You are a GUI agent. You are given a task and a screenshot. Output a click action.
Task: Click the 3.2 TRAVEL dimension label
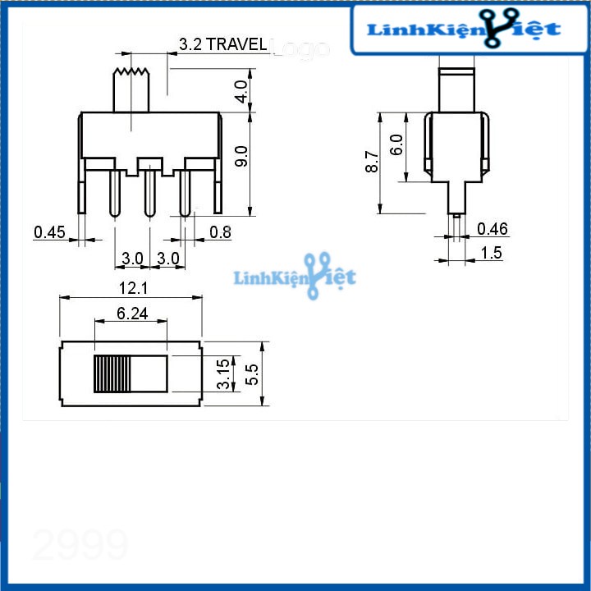coord(222,44)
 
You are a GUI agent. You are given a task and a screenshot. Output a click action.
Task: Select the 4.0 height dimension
coord(241,90)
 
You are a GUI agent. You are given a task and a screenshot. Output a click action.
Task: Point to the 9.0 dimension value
coord(241,156)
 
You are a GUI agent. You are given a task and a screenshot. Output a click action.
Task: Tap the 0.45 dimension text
coord(49,232)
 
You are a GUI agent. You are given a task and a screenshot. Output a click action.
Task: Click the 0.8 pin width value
coord(220,232)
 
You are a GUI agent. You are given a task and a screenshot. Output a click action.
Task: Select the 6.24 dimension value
coord(132,313)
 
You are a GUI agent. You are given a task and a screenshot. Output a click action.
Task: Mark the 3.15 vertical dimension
coord(222,374)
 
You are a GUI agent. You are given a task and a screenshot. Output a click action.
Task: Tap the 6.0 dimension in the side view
coord(397,145)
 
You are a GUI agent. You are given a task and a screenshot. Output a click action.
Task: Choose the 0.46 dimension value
coord(492,229)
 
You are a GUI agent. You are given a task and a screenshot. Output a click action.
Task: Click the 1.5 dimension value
coord(492,253)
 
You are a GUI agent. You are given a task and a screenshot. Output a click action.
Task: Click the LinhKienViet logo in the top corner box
coord(464,30)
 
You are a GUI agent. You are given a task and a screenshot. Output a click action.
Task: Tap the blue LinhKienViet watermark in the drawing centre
coord(295,277)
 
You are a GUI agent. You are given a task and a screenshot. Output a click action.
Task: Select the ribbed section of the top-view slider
coord(112,374)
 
